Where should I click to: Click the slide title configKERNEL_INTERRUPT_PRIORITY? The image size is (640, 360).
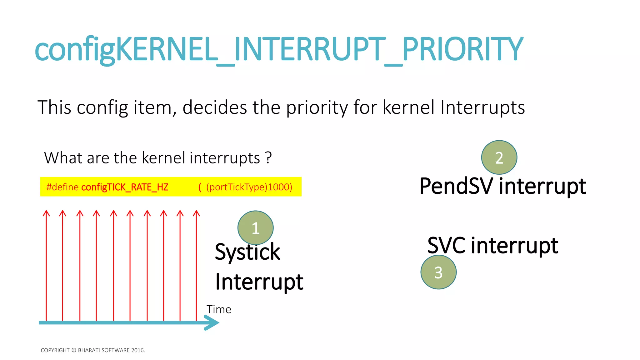pos(279,49)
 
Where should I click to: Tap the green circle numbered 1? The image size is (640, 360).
pos(255,228)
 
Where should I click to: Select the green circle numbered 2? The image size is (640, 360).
pos(499,157)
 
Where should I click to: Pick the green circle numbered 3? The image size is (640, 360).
pos(438,272)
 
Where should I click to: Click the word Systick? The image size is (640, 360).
pos(247,252)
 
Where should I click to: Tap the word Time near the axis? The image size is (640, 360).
pos(219,309)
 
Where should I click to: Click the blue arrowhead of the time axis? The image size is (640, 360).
pos(212,322)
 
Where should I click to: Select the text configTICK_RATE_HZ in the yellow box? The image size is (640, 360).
pos(125,187)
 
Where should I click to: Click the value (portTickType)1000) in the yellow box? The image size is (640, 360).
pos(249,187)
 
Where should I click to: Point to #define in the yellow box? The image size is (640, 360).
pos(62,187)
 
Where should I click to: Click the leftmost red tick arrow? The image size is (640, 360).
pos(46,266)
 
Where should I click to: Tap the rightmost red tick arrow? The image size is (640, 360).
pos(196,266)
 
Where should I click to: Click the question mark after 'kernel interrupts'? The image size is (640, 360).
pos(268,158)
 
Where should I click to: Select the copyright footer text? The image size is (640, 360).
pos(93,350)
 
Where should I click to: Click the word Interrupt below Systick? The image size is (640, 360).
pos(259,282)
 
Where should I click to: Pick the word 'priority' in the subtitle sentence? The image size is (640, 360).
pos(317,107)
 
